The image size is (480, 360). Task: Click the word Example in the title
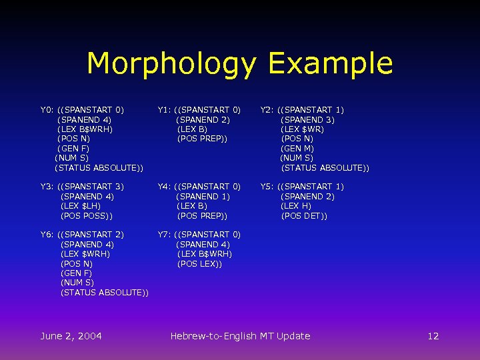click(x=330, y=64)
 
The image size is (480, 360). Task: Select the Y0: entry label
click(x=47, y=110)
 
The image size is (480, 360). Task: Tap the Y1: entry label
click(x=165, y=110)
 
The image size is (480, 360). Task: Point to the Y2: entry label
click(x=267, y=110)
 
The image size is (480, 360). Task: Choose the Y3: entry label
click(x=47, y=187)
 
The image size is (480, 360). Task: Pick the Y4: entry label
click(x=165, y=187)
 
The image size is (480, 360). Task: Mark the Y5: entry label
click(x=267, y=187)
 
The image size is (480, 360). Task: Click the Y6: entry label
click(x=47, y=235)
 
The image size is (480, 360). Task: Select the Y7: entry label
click(x=165, y=235)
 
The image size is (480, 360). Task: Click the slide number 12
click(x=433, y=336)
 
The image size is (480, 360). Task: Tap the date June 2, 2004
click(x=71, y=336)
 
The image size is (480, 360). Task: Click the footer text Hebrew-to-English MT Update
click(x=240, y=336)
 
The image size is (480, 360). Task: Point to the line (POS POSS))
click(x=87, y=216)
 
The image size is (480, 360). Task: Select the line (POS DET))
click(x=304, y=216)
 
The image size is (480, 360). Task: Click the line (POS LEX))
click(x=199, y=264)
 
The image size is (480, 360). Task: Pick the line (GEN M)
click(x=297, y=149)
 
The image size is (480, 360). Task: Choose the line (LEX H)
click(x=296, y=206)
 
